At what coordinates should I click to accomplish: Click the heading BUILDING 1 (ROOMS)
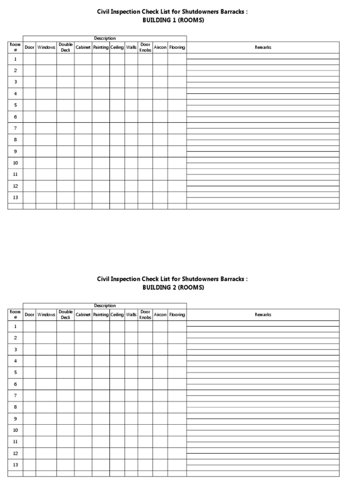tap(173, 20)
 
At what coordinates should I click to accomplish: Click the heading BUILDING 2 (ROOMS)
tap(173, 287)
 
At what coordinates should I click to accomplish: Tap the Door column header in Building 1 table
tap(30, 47)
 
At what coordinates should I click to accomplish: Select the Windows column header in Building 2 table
tap(46, 315)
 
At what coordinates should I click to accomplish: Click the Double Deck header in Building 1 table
tap(66, 47)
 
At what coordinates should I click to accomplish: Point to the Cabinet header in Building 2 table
tap(83, 315)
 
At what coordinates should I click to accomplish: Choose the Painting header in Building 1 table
tap(101, 47)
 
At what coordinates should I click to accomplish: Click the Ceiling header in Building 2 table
tap(117, 315)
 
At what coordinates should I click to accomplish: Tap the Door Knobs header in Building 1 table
tap(145, 47)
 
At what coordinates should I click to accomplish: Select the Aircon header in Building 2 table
tap(160, 315)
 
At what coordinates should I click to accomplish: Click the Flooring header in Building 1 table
tap(177, 47)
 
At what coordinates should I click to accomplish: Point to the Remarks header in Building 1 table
tap(263, 47)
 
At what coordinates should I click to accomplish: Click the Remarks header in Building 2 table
tap(263, 315)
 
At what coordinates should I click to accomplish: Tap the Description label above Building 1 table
tap(105, 38)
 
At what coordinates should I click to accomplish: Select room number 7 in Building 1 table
tap(15, 128)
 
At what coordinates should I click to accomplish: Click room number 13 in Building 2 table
tap(15, 465)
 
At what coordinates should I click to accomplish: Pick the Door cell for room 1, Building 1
tap(30, 59)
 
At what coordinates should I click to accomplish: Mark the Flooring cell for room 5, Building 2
tap(177, 372)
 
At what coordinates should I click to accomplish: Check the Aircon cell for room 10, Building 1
tap(160, 163)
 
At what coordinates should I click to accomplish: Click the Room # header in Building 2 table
tap(15, 315)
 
